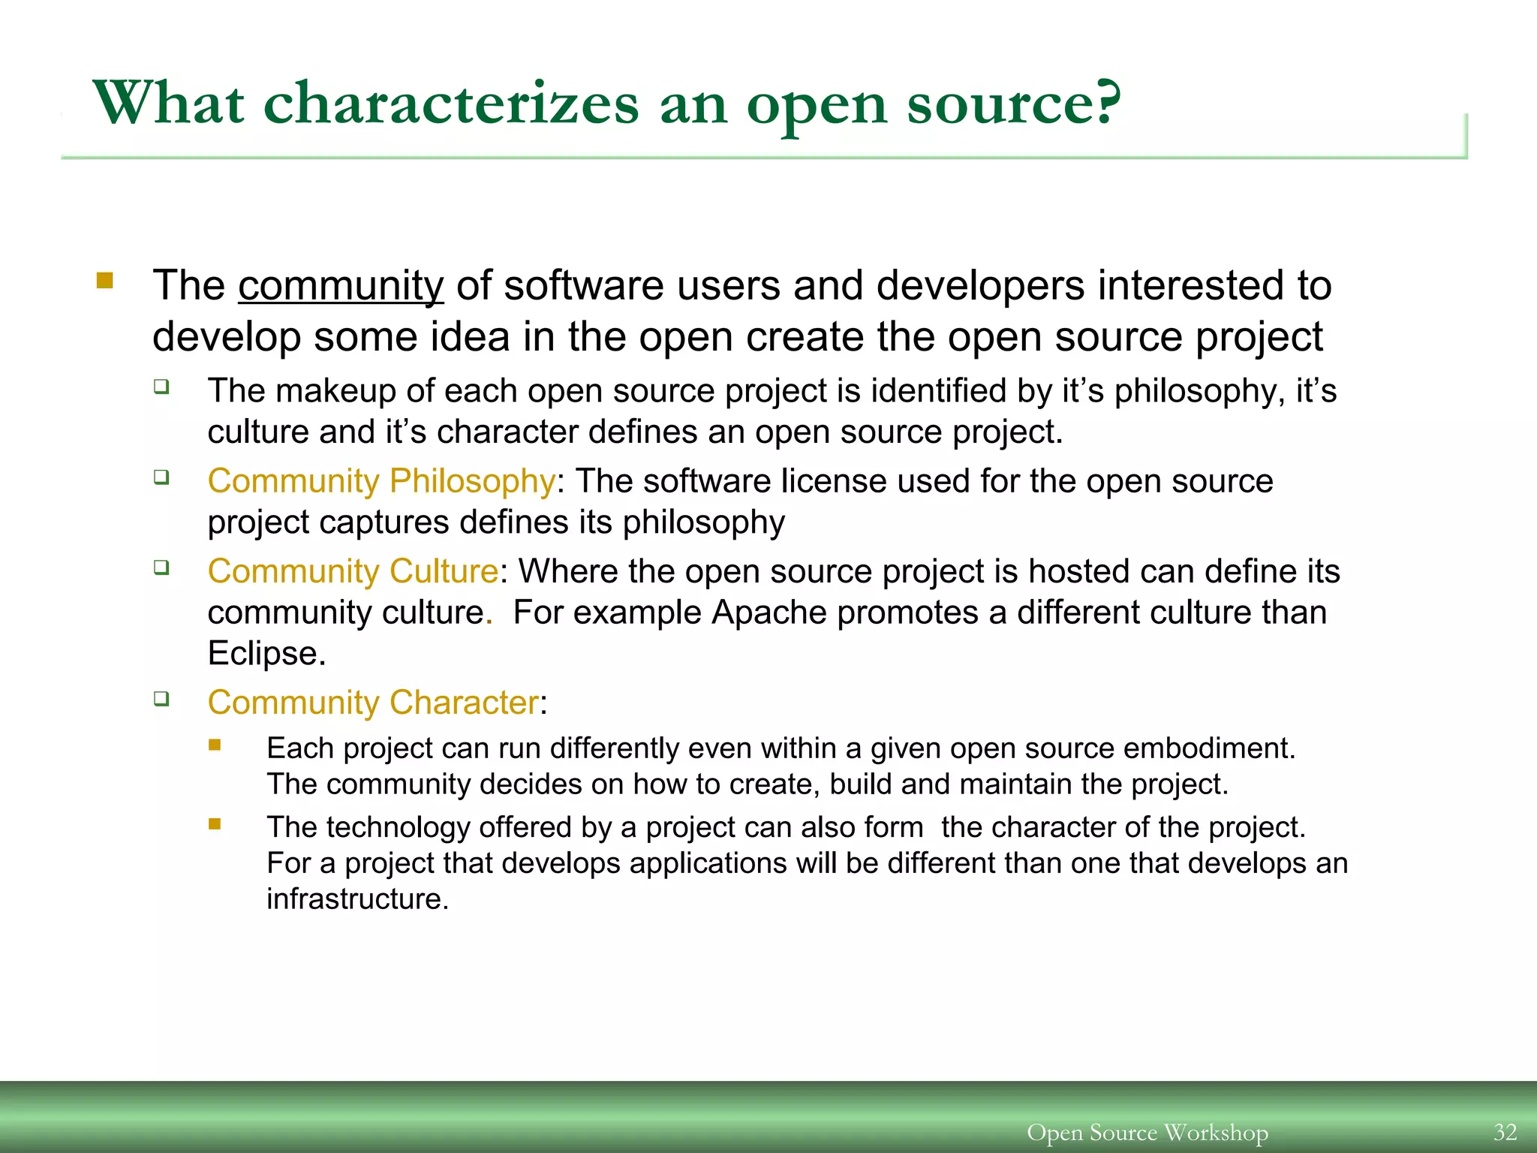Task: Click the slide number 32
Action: [x=1505, y=1131]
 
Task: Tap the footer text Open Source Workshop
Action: [x=1147, y=1132]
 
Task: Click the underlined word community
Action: [x=341, y=286]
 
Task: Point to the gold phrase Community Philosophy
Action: [x=381, y=481]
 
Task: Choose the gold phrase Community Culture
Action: [x=353, y=571]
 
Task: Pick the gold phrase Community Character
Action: [x=373, y=703]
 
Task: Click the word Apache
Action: [x=768, y=613]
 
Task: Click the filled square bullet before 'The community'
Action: [x=104, y=281]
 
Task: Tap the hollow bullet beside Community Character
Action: [x=161, y=699]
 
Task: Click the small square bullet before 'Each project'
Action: [x=215, y=745]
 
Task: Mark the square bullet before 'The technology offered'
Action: [x=215, y=823]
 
